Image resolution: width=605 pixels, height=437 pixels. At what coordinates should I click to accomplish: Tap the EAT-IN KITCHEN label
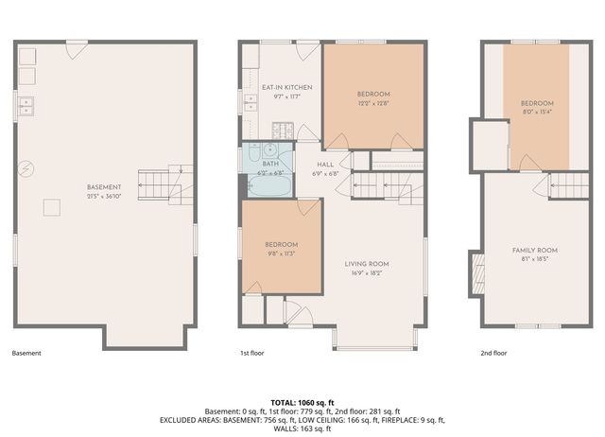tap(286, 87)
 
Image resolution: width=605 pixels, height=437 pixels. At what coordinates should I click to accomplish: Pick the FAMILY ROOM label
tap(534, 250)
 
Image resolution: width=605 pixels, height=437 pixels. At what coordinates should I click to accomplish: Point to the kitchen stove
tap(283, 130)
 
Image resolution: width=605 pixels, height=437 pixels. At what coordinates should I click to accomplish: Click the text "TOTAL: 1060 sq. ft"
tap(302, 402)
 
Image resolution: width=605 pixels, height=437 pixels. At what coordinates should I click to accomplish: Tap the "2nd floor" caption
tap(493, 353)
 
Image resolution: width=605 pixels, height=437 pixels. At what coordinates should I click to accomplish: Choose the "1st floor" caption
tap(251, 353)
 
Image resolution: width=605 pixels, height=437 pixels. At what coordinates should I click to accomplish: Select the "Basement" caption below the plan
tap(26, 353)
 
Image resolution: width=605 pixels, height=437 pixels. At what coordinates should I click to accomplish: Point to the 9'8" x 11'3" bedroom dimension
tap(282, 253)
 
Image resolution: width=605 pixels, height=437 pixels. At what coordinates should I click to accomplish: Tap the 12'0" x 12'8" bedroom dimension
tap(373, 103)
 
